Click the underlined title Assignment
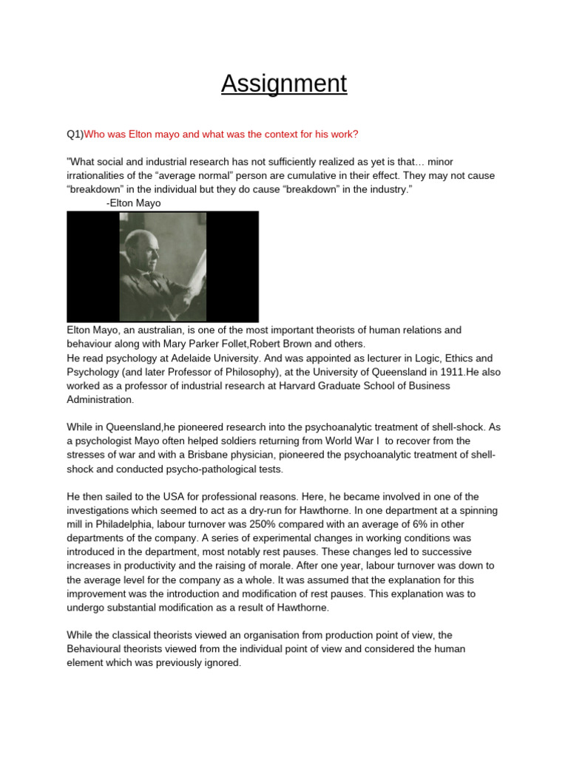[284, 84]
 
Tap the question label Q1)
[75, 134]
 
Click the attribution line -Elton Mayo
[134, 203]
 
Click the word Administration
[101, 400]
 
